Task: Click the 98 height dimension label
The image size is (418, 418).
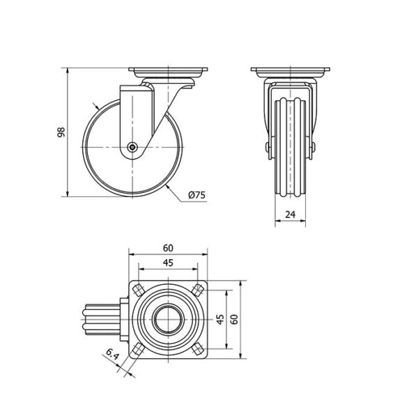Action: (x=61, y=132)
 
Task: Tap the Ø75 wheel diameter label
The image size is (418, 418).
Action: (x=196, y=195)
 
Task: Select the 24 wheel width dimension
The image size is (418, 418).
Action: (x=290, y=215)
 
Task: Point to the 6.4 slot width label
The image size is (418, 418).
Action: (x=112, y=355)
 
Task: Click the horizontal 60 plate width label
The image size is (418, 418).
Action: (x=168, y=248)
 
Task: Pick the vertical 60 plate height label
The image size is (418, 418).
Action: (x=234, y=319)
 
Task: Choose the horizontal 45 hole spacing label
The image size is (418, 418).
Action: (x=168, y=263)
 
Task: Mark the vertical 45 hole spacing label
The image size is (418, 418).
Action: (x=220, y=319)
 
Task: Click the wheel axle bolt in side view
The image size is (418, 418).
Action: (x=132, y=147)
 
